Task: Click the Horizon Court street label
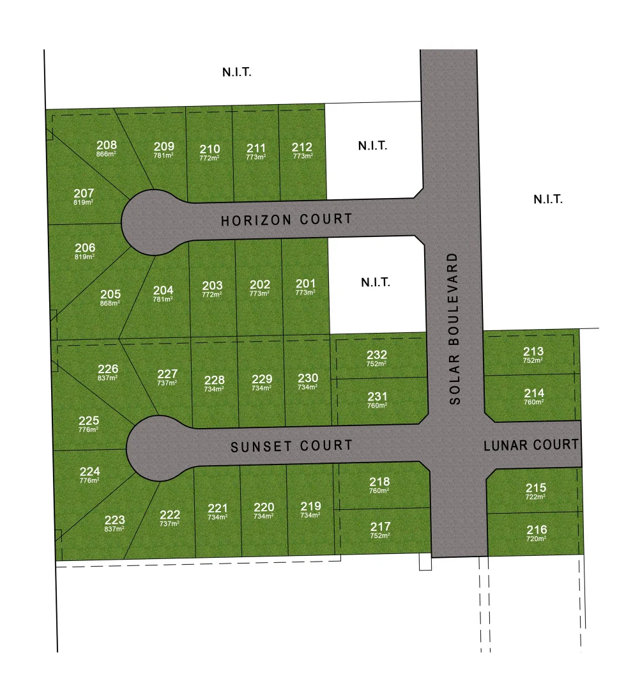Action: click(x=286, y=220)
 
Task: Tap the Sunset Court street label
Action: click(x=291, y=445)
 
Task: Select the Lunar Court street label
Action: click(x=531, y=444)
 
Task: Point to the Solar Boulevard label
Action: click(x=454, y=328)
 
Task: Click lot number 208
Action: click(x=107, y=144)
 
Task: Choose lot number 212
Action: click(x=303, y=148)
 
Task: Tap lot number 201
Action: click(x=305, y=284)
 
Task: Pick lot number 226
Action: click(x=108, y=369)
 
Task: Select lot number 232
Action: click(x=376, y=355)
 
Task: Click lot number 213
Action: click(x=533, y=351)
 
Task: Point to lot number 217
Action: click(x=380, y=526)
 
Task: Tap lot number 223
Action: click(x=115, y=520)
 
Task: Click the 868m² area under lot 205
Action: click(x=111, y=303)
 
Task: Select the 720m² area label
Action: click(x=536, y=539)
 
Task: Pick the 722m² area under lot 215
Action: click(x=535, y=496)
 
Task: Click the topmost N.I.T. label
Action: click(x=237, y=72)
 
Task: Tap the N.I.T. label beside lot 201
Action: click(x=375, y=282)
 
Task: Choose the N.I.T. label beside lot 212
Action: click(x=373, y=146)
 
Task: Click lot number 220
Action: click(x=264, y=507)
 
